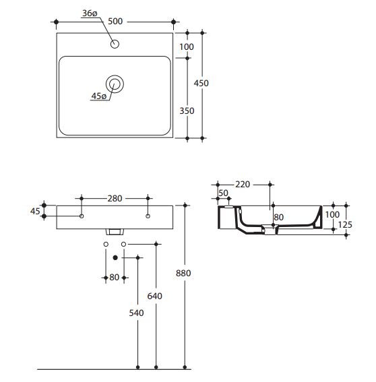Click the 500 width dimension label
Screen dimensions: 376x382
point(115,22)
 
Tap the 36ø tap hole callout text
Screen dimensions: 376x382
point(90,13)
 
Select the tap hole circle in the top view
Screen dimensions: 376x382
point(115,44)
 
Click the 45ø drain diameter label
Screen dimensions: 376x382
point(98,96)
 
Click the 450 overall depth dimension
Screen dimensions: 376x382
point(201,84)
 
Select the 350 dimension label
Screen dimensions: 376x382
point(187,111)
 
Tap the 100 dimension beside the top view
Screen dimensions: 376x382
point(187,46)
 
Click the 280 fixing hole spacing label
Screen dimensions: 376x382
point(115,199)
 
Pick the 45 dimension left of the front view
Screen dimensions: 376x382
point(35,212)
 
